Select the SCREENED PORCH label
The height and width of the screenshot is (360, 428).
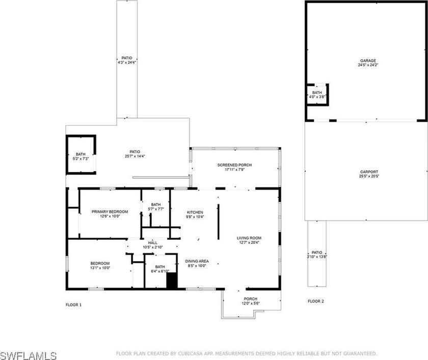pyautogui.click(x=234, y=165)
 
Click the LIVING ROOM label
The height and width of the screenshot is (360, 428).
pyautogui.click(x=249, y=238)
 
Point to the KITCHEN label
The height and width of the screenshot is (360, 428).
pyautogui.click(x=195, y=212)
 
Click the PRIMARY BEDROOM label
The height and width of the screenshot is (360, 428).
pyautogui.click(x=110, y=211)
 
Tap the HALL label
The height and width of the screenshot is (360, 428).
pyautogui.click(x=152, y=243)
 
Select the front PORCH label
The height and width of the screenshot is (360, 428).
pyautogui.click(x=250, y=299)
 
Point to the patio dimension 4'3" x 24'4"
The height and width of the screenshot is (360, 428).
pyautogui.click(x=127, y=63)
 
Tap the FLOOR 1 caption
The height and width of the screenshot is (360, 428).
pyautogui.click(x=73, y=304)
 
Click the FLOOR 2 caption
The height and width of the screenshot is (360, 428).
pyautogui.click(x=315, y=301)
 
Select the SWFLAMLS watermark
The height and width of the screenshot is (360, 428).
pyautogui.click(x=29, y=353)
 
